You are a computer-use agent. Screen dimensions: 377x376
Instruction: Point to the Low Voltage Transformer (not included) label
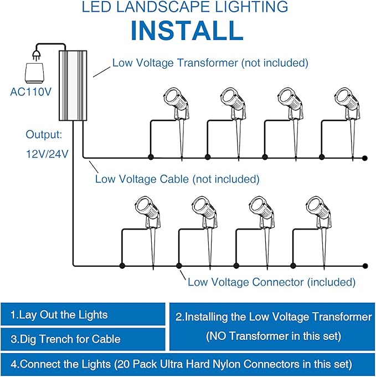(210, 63)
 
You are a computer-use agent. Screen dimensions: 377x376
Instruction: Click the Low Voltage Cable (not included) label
(177, 179)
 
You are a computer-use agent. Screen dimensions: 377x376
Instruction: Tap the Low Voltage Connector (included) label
(271, 282)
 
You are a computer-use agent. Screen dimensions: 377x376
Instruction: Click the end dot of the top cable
(364, 158)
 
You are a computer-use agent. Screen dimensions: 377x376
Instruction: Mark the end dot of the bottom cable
(364, 266)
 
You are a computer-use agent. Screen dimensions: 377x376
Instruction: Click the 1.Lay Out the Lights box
(83, 315)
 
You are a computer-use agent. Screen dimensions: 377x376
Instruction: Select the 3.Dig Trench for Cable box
(83, 339)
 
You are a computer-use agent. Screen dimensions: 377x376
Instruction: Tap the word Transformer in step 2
(338, 317)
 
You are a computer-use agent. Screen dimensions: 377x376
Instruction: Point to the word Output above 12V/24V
(44, 135)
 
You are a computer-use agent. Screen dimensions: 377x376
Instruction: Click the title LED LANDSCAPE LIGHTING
(185, 7)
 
